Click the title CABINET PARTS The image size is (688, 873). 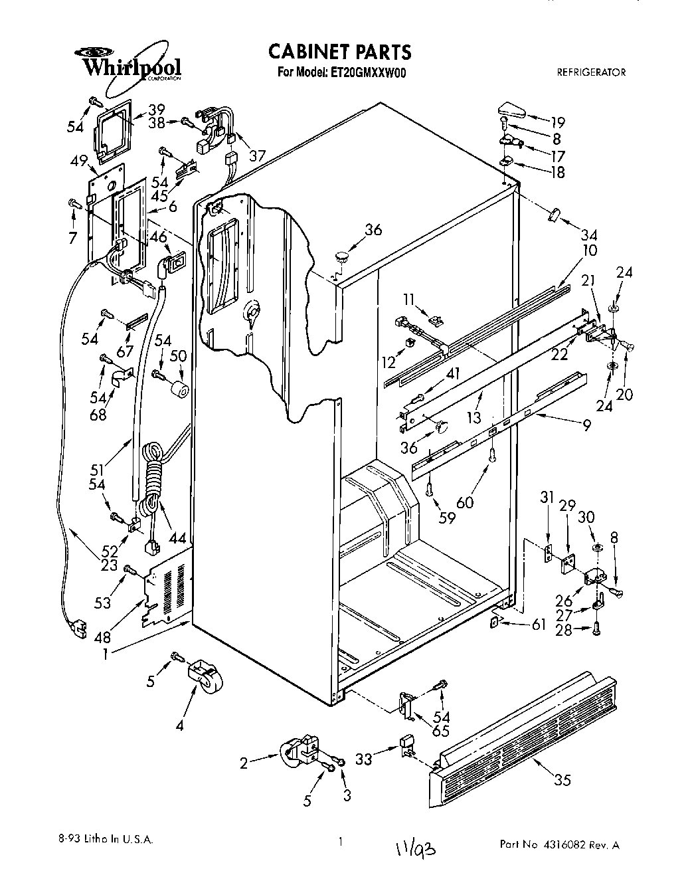(x=339, y=52)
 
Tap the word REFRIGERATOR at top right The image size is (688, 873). (x=590, y=72)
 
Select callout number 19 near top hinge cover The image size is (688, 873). (x=557, y=122)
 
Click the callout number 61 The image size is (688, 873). (x=539, y=624)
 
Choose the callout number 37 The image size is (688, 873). (x=256, y=155)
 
